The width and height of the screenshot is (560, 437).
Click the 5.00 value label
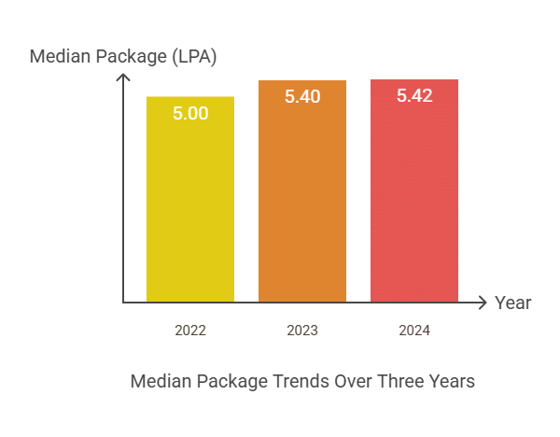[190, 113]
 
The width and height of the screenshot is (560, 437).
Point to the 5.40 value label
[302, 96]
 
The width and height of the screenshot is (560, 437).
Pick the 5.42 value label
[414, 95]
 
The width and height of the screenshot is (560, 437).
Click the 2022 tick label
[190, 331]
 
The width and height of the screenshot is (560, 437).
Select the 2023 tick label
[302, 331]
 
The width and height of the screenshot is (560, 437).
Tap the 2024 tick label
[414, 331]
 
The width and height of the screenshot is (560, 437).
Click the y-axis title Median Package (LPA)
[123, 56]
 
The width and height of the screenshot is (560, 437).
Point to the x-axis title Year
[513, 303]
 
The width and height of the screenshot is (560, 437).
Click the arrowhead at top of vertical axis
[123, 76]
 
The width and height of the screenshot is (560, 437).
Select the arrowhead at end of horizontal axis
[483, 303]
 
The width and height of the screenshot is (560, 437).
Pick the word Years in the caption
[450, 382]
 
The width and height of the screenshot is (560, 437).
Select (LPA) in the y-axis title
[193, 56]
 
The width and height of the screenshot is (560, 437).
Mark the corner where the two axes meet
[123, 303]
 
